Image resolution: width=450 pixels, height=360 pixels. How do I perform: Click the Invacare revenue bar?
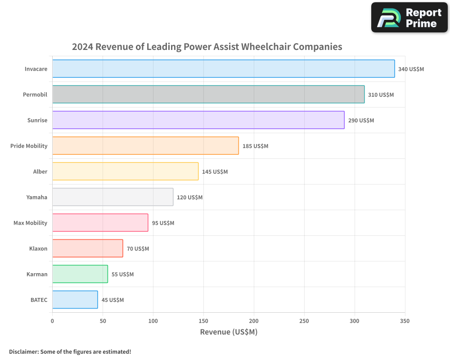[x=223, y=69]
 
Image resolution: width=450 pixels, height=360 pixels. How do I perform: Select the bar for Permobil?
[x=208, y=94]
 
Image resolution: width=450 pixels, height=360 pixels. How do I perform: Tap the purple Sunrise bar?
[x=198, y=120]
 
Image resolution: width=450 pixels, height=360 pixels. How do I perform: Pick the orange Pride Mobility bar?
[x=145, y=146]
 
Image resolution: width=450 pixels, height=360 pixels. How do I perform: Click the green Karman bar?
[x=80, y=274]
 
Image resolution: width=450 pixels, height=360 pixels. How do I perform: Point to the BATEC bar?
[x=75, y=300]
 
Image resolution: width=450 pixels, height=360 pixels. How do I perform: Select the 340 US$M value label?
[x=411, y=69]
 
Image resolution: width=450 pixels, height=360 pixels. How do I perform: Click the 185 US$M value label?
[x=255, y=146]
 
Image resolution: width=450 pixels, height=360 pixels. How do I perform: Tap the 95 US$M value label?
[x=163, y=223]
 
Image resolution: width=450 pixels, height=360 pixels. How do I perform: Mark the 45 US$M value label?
[x=112, y=300]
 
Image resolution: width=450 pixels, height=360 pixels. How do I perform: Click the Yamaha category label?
[x=37, y=197]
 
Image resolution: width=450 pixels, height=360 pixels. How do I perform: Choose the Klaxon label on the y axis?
[x=38, y=248]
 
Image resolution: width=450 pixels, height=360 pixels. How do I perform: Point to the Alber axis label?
[x=40, y=171]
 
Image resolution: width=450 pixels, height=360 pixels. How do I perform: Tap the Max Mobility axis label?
[x=30, y=223]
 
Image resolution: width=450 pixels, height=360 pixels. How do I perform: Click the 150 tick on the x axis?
[x=203, y=321]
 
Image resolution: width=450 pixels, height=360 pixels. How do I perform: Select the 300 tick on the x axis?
[x=355, y=321]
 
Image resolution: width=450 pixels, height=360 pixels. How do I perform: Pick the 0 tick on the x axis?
[x=52, y=321]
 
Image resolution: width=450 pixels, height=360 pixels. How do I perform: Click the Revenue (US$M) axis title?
[x=229, y=332]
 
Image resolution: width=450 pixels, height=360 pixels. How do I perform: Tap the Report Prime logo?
[x=409, y=18]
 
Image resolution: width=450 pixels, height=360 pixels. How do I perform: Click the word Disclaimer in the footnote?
[x=23, y=351]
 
